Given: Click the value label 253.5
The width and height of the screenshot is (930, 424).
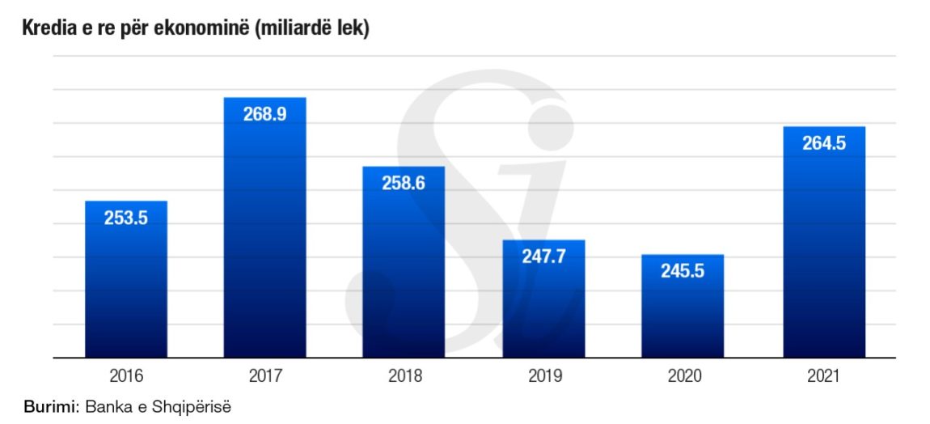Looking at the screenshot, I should point(125,218).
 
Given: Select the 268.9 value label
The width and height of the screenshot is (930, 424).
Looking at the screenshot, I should point(264,114).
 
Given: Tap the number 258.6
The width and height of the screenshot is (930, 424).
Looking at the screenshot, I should point(404,183).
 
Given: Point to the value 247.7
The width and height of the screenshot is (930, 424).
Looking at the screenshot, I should point(543,257).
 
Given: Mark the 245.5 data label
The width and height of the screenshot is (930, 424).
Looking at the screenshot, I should point(683,271).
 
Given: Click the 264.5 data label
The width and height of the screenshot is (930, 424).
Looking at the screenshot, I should point(823,143).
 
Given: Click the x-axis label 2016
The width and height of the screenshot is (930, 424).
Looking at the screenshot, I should point(125,376).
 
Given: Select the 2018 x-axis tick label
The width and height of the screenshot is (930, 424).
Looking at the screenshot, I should point(404,376).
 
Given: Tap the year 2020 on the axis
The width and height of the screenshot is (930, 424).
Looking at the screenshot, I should point(683,376).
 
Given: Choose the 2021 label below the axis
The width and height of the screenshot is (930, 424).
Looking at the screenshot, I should point(823,376).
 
